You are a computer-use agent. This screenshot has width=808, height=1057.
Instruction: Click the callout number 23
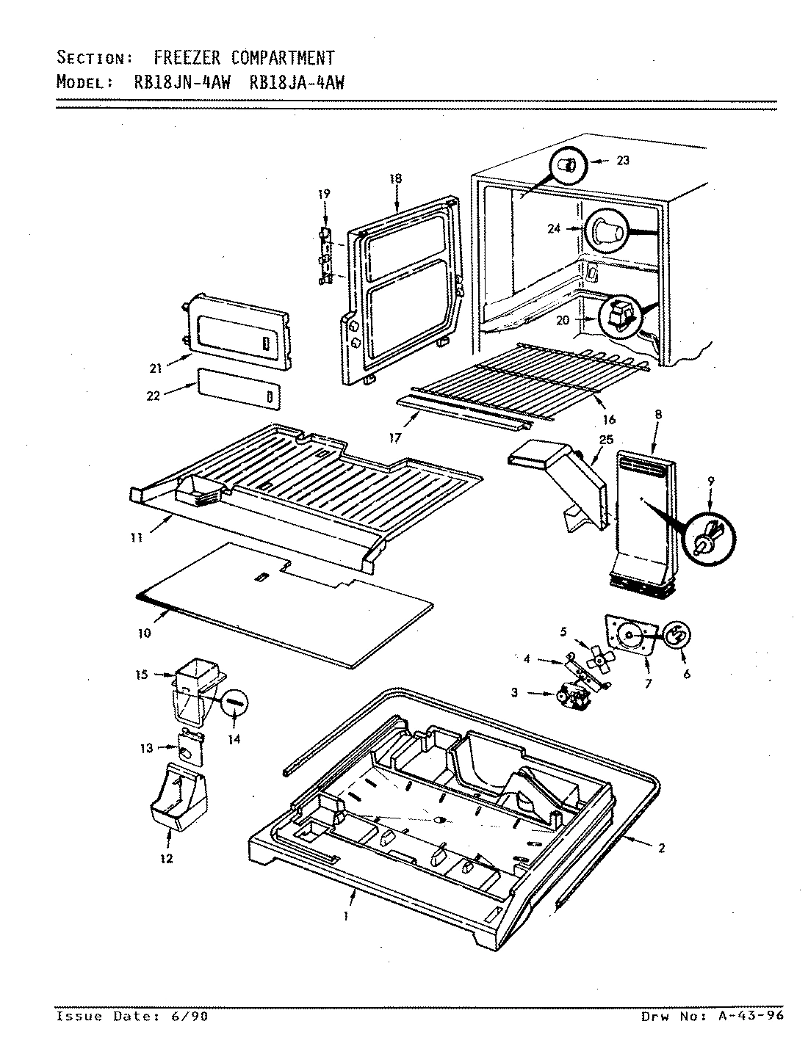(x=623, y=161)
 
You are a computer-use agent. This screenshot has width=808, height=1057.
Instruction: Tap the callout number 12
(x=167, y=858)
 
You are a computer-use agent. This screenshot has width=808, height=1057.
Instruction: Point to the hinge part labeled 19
(x=323, y=256)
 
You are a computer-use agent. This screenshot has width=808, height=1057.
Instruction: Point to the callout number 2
(x=662, y=849)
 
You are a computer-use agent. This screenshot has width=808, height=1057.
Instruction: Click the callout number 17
(x=394, y=437)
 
